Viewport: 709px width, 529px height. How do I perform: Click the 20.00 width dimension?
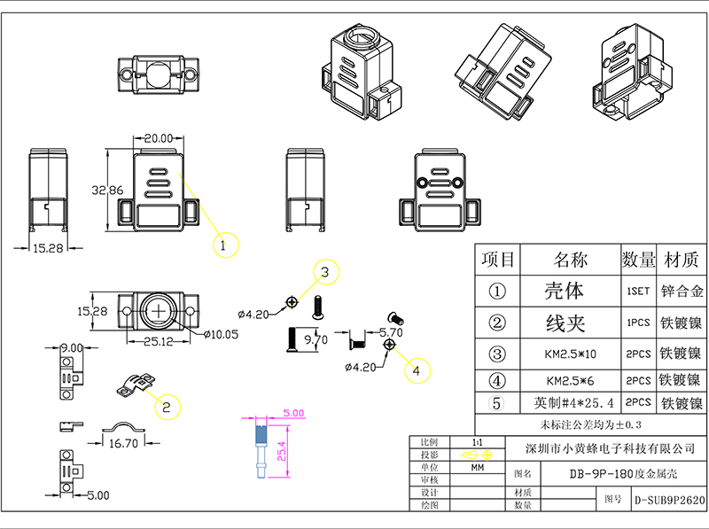pyautogui.click(x=158, y=138)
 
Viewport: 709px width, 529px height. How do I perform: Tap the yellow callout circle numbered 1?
pyautogui.click(x=224, y=243)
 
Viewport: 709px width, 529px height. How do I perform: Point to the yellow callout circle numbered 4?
pyautogui.click(x=417, y=370)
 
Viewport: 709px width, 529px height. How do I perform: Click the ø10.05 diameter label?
pyautogui.click(x=220, y=334)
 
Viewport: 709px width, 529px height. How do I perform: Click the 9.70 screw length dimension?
pyautogui.click(x=315, y=338)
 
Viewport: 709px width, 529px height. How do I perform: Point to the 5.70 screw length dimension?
pyautogui.click(x=391, y=332)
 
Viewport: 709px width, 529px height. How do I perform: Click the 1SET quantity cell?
pyautogui.click(x=637, y=291)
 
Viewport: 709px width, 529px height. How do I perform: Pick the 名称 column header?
pyautogui.click(x=570, y=260)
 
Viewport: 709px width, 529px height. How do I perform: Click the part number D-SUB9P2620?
pyautogui.click(x=669, y=500)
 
